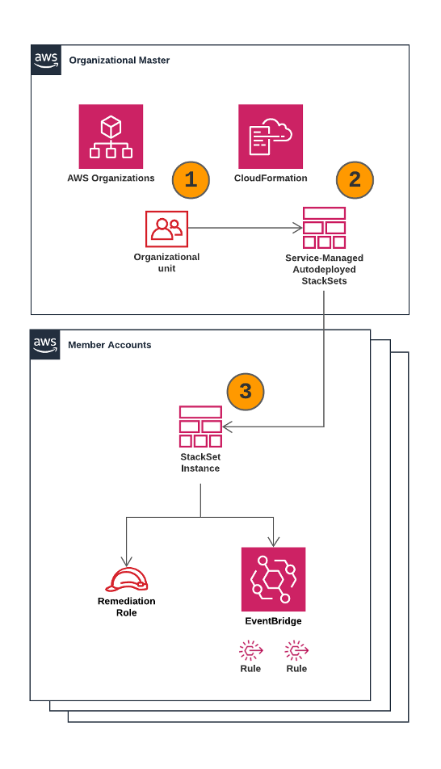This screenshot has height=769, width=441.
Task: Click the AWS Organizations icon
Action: tap(111, 137)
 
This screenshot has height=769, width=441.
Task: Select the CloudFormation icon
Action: tap(271, 137)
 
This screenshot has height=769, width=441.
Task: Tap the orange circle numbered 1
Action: tap(191, 179)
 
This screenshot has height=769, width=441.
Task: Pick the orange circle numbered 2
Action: tap(354, 179)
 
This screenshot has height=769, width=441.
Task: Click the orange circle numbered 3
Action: tap(246, 392)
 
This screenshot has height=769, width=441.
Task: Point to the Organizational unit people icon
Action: tap(166, 229)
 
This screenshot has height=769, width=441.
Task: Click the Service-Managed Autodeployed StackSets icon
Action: tap(324, 228)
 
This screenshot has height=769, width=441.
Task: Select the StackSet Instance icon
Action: tap(200, 427)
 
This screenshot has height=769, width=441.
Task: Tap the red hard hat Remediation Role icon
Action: tap(126, 578)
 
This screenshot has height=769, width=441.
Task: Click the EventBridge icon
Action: tap(273, 579)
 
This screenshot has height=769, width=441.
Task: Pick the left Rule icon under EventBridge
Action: tap(250, 650)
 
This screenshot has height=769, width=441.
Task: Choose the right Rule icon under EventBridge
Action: tap(296, 650)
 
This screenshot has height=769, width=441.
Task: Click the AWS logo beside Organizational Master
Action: tap(46, 61)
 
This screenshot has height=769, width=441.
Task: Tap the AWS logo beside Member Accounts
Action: tap(46, 344)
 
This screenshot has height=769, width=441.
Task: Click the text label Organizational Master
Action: tap(120, 61)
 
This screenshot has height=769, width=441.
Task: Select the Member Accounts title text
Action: tap(109, 345)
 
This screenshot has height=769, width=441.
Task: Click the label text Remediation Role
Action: tap(126, 607)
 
